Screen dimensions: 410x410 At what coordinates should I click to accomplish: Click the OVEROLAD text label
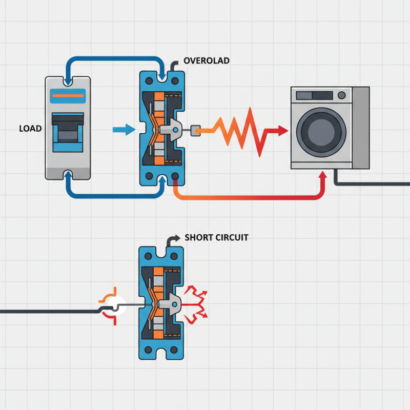(207, 61)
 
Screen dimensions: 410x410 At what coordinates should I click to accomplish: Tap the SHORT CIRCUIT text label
(216, 238)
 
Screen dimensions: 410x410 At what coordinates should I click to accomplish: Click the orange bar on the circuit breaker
(68, 95)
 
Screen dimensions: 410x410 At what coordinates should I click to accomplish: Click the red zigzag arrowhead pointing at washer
(282, 131)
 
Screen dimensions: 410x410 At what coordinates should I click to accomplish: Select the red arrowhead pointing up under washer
(322, 176)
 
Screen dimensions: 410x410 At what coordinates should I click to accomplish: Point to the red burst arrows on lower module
(196, 304)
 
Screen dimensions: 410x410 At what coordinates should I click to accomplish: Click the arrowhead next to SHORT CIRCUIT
(175, 238)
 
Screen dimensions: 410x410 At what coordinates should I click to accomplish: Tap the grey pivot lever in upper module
(172, 130)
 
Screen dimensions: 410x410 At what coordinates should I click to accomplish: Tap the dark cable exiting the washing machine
(369, 183)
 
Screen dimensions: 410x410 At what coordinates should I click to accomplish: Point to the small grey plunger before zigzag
(195, 131)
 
